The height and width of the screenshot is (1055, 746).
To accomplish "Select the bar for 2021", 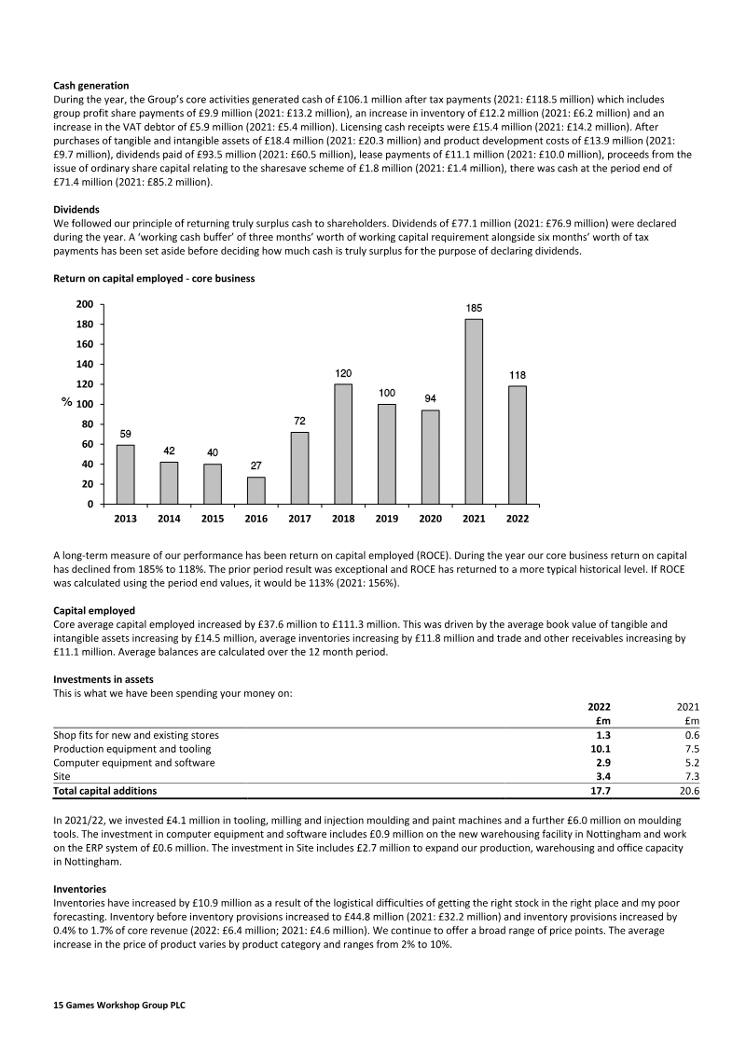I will [474, 411].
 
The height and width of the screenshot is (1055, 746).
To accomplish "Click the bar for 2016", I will [256, 491].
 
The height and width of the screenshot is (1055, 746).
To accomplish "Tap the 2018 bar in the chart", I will [343, 444].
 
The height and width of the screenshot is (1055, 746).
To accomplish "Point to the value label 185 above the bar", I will [474, 307].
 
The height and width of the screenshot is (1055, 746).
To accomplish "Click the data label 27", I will [256, 465].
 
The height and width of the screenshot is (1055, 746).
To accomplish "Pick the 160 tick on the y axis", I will [84, 344].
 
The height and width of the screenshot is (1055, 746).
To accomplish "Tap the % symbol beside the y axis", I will [67, 403].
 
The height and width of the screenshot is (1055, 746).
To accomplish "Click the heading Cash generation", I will [91, 86].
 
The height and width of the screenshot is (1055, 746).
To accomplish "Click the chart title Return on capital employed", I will [154, 278].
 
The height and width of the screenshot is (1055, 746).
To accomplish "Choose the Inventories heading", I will [79, 889].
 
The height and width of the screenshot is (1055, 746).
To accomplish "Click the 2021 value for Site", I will [691, 776].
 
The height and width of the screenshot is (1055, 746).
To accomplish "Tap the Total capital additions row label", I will [105, 791].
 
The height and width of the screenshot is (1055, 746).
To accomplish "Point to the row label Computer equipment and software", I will [134, 762].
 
